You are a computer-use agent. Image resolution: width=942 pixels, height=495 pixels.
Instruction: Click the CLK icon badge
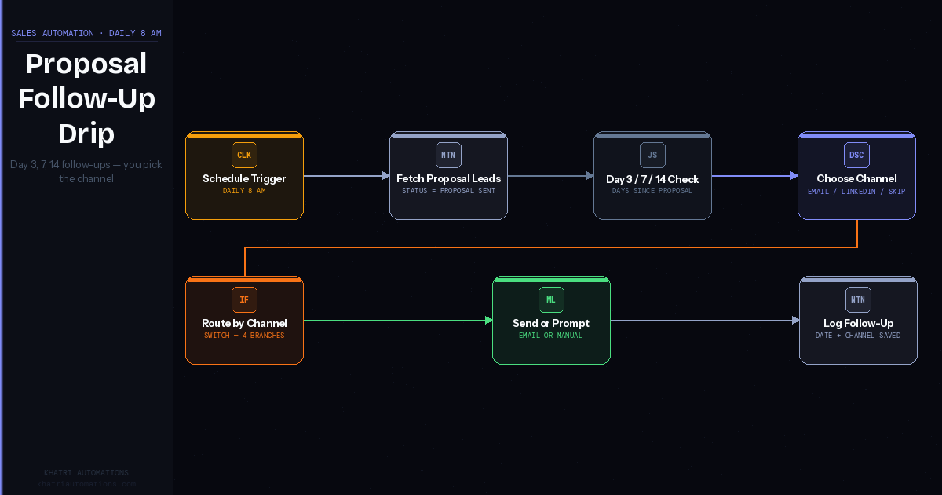(244, 155)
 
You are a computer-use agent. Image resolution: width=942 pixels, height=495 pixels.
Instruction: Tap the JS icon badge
(652, 155)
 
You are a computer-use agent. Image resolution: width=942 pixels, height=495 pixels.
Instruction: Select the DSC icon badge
(856, 155)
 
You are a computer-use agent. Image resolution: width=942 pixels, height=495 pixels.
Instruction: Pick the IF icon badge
(244, 299)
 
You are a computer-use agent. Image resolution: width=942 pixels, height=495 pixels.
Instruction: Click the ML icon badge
(551, 299)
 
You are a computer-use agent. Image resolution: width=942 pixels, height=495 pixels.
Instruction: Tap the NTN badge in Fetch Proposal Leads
(448, 155)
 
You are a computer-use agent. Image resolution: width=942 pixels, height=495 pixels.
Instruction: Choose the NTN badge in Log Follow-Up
(858, 299)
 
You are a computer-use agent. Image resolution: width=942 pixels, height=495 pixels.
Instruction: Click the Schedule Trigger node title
(244, 179)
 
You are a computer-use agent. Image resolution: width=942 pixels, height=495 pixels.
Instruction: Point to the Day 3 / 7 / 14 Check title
(652, 179)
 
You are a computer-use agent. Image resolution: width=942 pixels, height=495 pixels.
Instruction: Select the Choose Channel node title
(856, 179)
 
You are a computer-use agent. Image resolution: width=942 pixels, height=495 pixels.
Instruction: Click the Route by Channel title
(244, 324)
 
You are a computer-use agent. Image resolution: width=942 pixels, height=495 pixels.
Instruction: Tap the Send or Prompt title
(551, 324)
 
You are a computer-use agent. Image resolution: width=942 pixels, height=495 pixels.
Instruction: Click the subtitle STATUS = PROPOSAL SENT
(448, 191)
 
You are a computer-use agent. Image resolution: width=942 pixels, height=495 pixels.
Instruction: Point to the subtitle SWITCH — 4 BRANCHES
(244, 335)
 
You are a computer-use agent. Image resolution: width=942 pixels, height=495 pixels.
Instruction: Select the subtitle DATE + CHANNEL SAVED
(858, 335)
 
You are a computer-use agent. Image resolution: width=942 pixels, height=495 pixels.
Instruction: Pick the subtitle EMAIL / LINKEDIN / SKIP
(856, 191)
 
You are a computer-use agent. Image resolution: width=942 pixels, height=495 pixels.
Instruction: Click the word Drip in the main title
(86, 134)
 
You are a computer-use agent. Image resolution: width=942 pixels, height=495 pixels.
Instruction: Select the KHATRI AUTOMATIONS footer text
(86, 473)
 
